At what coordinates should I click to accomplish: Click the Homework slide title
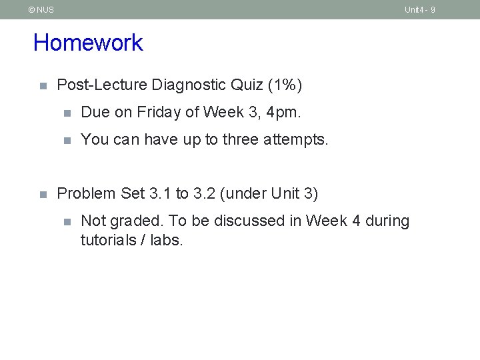[x=88, y=43]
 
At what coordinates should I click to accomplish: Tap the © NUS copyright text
[x=41, y=10]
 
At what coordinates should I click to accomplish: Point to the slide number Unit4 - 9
[x=419, y=10]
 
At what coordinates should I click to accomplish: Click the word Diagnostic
[x=189, y=85]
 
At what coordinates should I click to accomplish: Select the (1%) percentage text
[x=285, y=85]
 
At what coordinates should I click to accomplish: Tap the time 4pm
[x=283, y=113]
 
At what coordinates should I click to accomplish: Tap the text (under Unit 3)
[x=269, y=194]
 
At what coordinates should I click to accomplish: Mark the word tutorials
[x=107, y=240]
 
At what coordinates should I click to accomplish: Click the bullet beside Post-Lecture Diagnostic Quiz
[x=42, y=86]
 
